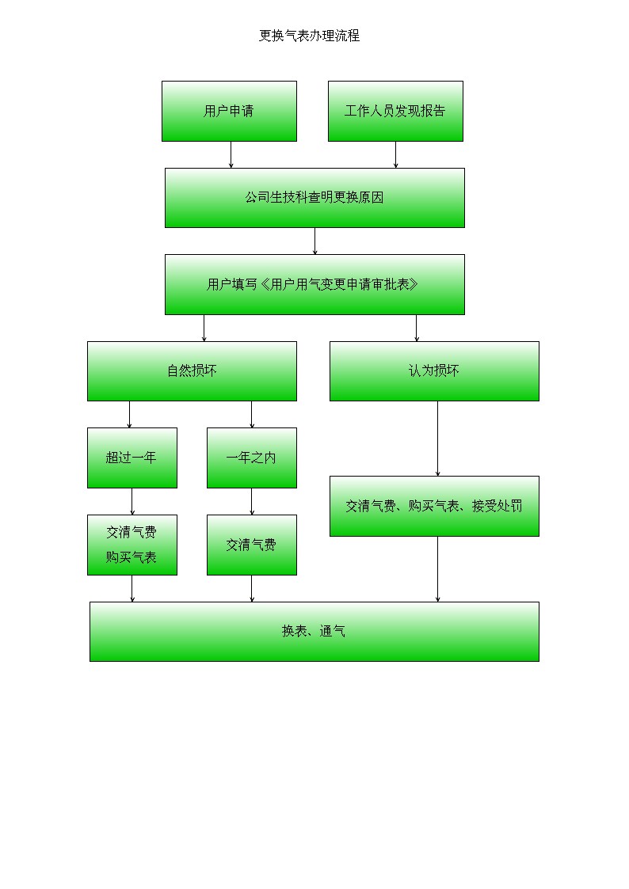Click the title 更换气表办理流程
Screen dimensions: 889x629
coord(309,36)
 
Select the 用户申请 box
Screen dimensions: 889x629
coord(229,111)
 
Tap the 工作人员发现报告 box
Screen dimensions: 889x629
coord(395,111)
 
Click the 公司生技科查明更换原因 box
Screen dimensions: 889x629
coord(314,198)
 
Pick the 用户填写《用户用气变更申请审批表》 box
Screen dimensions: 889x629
coord(314,284)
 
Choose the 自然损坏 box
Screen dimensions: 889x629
coord(192,370)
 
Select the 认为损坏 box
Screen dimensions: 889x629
coord(434,370)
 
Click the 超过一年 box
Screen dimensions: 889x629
coord(132,458)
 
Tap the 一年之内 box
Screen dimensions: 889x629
coord(251,458)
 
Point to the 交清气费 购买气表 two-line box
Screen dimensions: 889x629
coord(132,545)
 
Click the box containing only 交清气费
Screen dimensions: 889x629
coord(251,545)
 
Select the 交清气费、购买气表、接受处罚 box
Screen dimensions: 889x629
coord(434,506)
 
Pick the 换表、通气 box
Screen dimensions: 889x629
coord(314,631)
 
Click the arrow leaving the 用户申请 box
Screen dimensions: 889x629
coord(231,155)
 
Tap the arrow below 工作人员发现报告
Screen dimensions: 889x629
coord(396,155)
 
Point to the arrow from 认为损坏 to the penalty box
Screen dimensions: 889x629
coord(437,439)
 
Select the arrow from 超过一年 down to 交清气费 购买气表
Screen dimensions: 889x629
coord(132,502)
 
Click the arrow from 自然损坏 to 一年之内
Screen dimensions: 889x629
coord(252,415)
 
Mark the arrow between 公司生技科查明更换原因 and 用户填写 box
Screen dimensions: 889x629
coord(314,241)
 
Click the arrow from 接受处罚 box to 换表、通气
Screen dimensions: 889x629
coord(437,569)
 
